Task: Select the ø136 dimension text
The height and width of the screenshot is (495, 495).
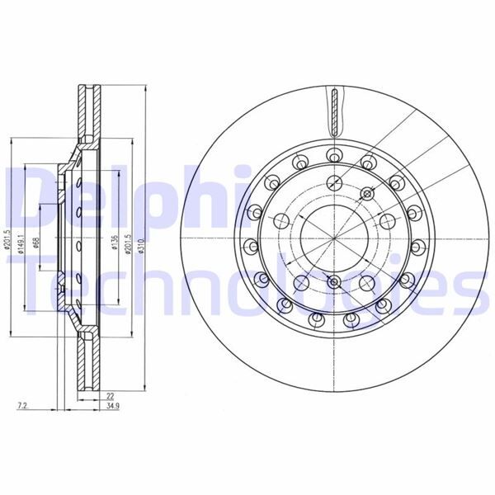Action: pyautogui.click(x=112, y=245)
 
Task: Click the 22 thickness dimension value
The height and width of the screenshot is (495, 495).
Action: pyautogui.click(x=110, y=397)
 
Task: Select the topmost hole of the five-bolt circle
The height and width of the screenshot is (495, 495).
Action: pyautogui.click(x=333, y=182)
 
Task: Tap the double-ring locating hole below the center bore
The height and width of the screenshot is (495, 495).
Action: pyautogui.click(x=333, y=283)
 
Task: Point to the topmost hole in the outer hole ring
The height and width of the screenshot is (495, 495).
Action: pyautogui.click(x=333, y=153)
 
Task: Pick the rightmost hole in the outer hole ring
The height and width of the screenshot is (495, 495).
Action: pyautogui.click(x=417, y=245)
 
